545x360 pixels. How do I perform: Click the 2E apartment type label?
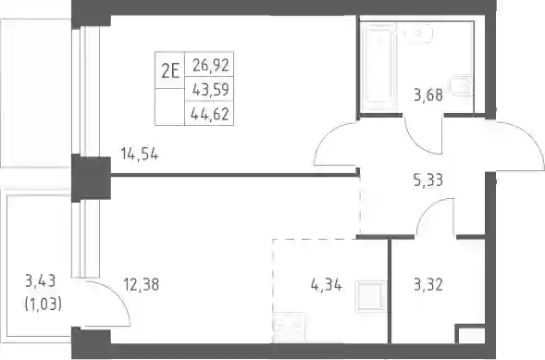pyautogui.click(x=170, y=71)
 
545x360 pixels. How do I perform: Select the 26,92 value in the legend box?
pyautogui.click(x=211, y=65)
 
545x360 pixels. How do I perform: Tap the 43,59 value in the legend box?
pyautogui.click(x=211, y=90)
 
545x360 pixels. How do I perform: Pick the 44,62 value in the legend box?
pyautogui.click(x=210, y=114)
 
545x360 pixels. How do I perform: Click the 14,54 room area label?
pyautogui.click(x=140, y=154)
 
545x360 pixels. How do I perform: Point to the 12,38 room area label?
pyautogui.click(x=142, y=285)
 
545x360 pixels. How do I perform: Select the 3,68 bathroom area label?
pyautogui.click(x=428, y=95)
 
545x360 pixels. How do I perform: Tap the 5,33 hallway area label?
pyautogui.click(x=428, y=180)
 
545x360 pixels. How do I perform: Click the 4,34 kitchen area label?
pyautogui.click(x=327, y=285)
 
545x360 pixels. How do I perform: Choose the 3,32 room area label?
pyautogui.click(x=428, y=285)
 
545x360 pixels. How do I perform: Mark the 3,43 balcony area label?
pyautogui.click(x=41, y=281)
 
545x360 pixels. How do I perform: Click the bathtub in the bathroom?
pyautogui.click(x=378, y=67)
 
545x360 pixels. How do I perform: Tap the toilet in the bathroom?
pyautogui.click(x=461, y=85)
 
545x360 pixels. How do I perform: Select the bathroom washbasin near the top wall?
pyautogui.click(x=419, y=33)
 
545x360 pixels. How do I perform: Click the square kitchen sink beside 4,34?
pyautogui.click(x=371, y=296)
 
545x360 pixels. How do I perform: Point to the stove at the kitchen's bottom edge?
pyautogui.click(x=290, y=327)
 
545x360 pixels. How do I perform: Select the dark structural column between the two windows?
pyautogui.click(x=91, y=178)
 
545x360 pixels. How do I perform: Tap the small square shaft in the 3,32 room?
pyautogui.click(x=470, y=334)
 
